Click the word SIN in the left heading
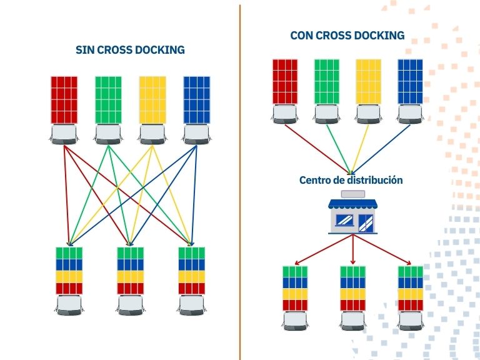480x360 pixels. click(x=86, y=49)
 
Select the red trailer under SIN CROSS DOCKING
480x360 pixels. click(x=64, y=100)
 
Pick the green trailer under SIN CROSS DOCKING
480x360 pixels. click(x=108, y=100)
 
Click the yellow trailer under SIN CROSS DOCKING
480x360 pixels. click(x=152, y=100)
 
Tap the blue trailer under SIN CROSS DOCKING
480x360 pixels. click(x=196, y=100)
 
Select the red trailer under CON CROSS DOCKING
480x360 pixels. click(x=285, y=81)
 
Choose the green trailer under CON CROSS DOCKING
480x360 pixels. click(x=327, y=81)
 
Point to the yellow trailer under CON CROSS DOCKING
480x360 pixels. click(x=369, y=81)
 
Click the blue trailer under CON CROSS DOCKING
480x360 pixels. click(x=410, y=81)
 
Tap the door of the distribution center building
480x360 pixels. click(x=366, y=223)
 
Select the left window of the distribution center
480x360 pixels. click(x=345, y=220)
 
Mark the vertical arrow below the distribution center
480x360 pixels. click(x=353, y=249)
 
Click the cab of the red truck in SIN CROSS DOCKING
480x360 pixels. click(x=64, y=134)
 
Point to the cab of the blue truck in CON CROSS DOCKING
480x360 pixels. click(x=410, y=114)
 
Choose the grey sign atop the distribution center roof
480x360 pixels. click(x=353, y=194)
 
